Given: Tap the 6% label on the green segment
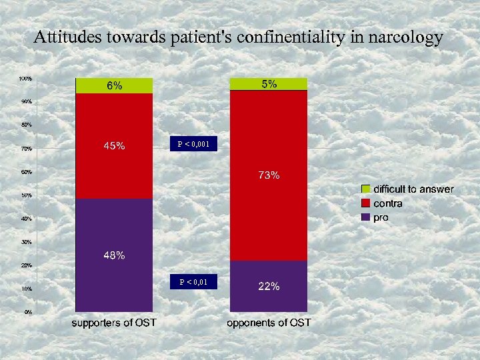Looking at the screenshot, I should click(x=115, y=86).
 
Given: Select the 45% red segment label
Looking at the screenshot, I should click(x=113, y=147).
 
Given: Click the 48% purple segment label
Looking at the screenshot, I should click(x=113, y=255).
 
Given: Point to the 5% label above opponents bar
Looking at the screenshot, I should click(x=269, y=84).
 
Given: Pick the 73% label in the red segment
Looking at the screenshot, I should click(x=269, y=176).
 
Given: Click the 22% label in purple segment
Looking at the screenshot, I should click(x=269, y=287).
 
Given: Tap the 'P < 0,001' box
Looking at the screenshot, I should click(x=193, y=143).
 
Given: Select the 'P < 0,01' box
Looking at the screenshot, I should click(x=193, y=283).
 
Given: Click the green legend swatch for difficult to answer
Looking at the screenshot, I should click(x=365, y=189).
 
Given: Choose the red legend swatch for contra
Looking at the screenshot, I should click(x=365, y=203).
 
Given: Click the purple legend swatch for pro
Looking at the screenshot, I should click(x=365, y=217).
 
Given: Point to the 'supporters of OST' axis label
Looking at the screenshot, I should click(x=114, y=323).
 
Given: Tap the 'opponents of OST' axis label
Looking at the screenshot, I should click(x=269, y=323).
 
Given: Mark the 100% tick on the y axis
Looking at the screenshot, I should click(x=25, y=79).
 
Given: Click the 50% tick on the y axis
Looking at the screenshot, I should click(x=25, y=195).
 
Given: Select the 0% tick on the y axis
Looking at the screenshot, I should click(x=28, y=312).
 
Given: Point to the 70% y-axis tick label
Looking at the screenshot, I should click(x=25, y=149).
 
